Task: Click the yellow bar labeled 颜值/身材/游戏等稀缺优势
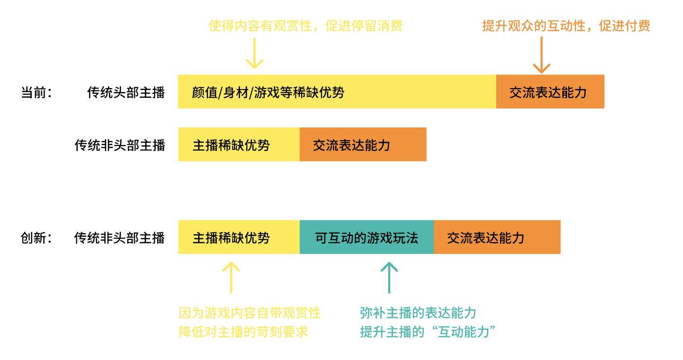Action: coord(337,91)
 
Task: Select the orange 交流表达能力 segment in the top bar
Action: coord(550,91)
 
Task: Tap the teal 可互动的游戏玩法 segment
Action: coord(366,237)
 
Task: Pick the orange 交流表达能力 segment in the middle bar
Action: coord(363,144)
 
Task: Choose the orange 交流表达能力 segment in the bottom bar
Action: coord(497,237)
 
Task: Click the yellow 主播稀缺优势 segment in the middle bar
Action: coord(239,144)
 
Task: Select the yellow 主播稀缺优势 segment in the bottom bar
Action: coord(239,237)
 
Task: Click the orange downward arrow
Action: coord(541,55)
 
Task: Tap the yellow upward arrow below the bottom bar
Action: coord(231,277)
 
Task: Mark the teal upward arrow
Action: coord(389,277)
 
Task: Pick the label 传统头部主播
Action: coord(126,92)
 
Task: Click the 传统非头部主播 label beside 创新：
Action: coord(120,237)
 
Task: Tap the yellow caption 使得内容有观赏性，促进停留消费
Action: coord(306,26)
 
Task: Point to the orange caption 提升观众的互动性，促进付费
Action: coord(566,26)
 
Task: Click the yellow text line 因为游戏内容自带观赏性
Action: coord(250,312)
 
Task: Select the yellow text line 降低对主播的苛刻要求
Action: coord(243,332)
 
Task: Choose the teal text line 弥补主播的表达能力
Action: coord(418,312)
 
